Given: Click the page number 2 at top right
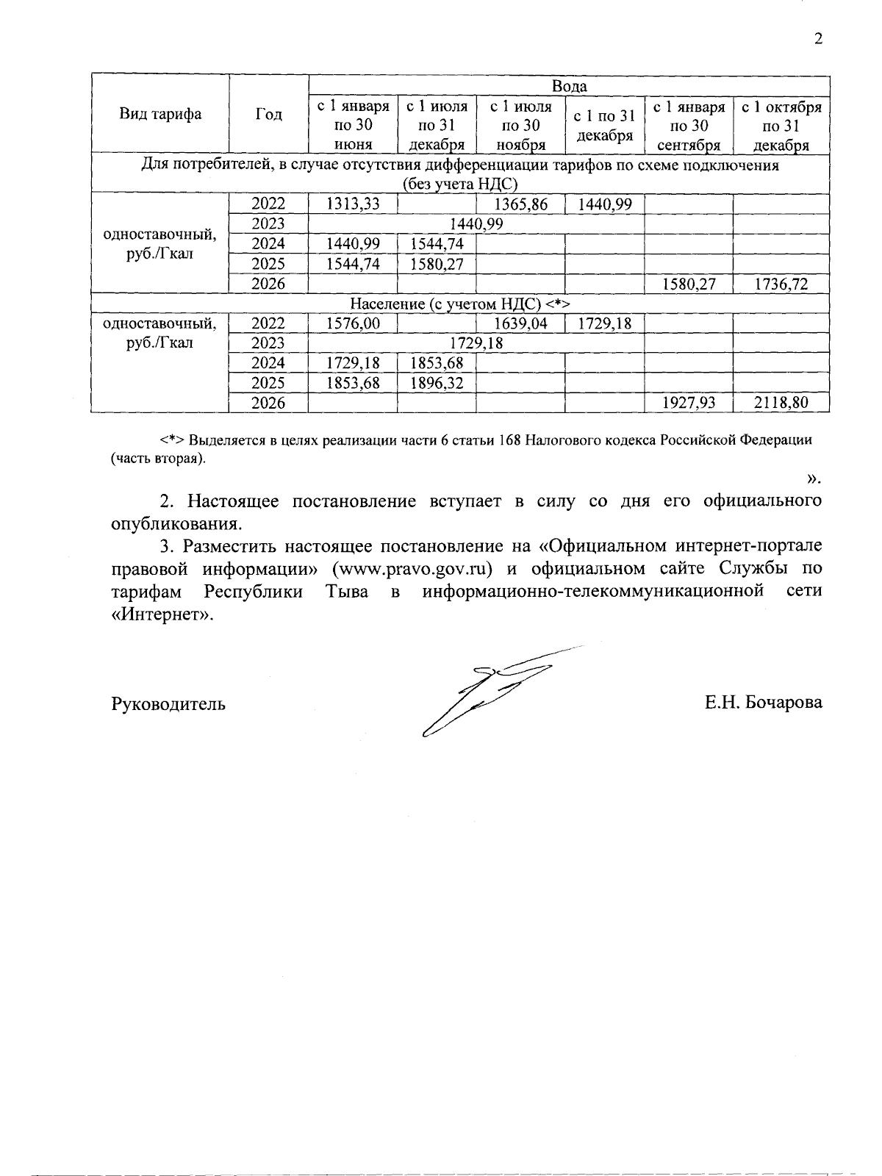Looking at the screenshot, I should [x=818, y=39].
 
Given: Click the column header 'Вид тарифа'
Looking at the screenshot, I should [x=160, y=114].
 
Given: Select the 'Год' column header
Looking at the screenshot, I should [x=268, y=114].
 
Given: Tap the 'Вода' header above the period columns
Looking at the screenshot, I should [x=569, y=86].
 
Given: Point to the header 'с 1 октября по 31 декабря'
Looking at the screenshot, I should [x=781, y=126].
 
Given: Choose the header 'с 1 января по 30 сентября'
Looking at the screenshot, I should [x=689, y=126].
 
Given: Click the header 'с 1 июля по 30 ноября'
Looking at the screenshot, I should [x=520, y=126].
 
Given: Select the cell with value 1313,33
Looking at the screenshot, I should [x=353, y=204].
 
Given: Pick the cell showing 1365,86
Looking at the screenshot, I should [x=520, y=204].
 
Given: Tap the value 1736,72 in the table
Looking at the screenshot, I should [x=781, y=284].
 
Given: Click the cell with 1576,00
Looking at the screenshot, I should [x=353, y=323].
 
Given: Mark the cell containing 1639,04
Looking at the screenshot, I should [x=520, y=323].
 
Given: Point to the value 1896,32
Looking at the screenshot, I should [x=436, y=383].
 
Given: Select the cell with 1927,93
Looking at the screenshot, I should [x=689, y=403].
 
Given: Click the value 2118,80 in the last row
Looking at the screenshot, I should [x=781, y=403].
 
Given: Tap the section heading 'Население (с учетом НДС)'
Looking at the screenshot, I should [x=460, y=304].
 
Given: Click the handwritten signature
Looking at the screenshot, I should [x=492, y=691].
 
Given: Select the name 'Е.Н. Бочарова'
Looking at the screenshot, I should [x=764, y=703].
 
